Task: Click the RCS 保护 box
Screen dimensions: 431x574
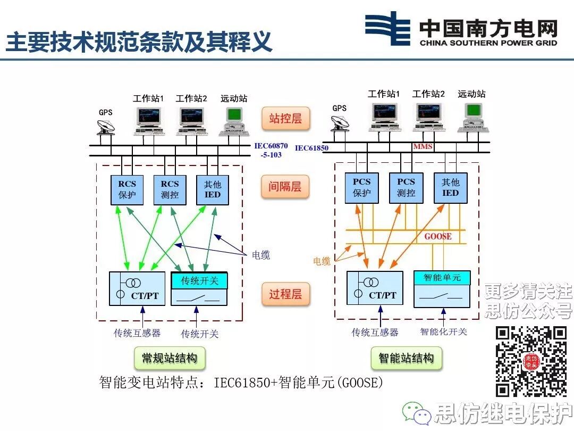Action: pos(128,189)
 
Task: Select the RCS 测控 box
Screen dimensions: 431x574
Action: pos(170,189)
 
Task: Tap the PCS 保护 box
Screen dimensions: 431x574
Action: pos(362,187)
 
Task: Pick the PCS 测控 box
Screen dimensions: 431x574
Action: pos(406,187)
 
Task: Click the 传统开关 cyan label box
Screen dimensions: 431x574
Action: pos(199,280)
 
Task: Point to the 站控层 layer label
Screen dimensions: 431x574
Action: pos(285,118)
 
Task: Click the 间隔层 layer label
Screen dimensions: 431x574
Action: pos(285,187)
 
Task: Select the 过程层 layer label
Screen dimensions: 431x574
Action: pos(285,293)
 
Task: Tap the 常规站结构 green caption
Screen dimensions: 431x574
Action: pos(170,358)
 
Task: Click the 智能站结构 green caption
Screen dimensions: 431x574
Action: pos(407,358)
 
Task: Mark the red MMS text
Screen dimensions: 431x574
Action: pos(423,146)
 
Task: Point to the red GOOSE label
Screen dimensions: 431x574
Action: pos(437,236)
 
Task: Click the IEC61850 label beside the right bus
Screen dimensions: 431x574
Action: pos(312,148)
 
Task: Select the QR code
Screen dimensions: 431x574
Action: pos(531,361)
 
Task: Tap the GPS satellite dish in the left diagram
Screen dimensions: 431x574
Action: pos(106,127)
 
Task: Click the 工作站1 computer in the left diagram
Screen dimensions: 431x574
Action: pos(148,119)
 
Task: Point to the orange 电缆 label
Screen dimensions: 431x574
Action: pos(322,261)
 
